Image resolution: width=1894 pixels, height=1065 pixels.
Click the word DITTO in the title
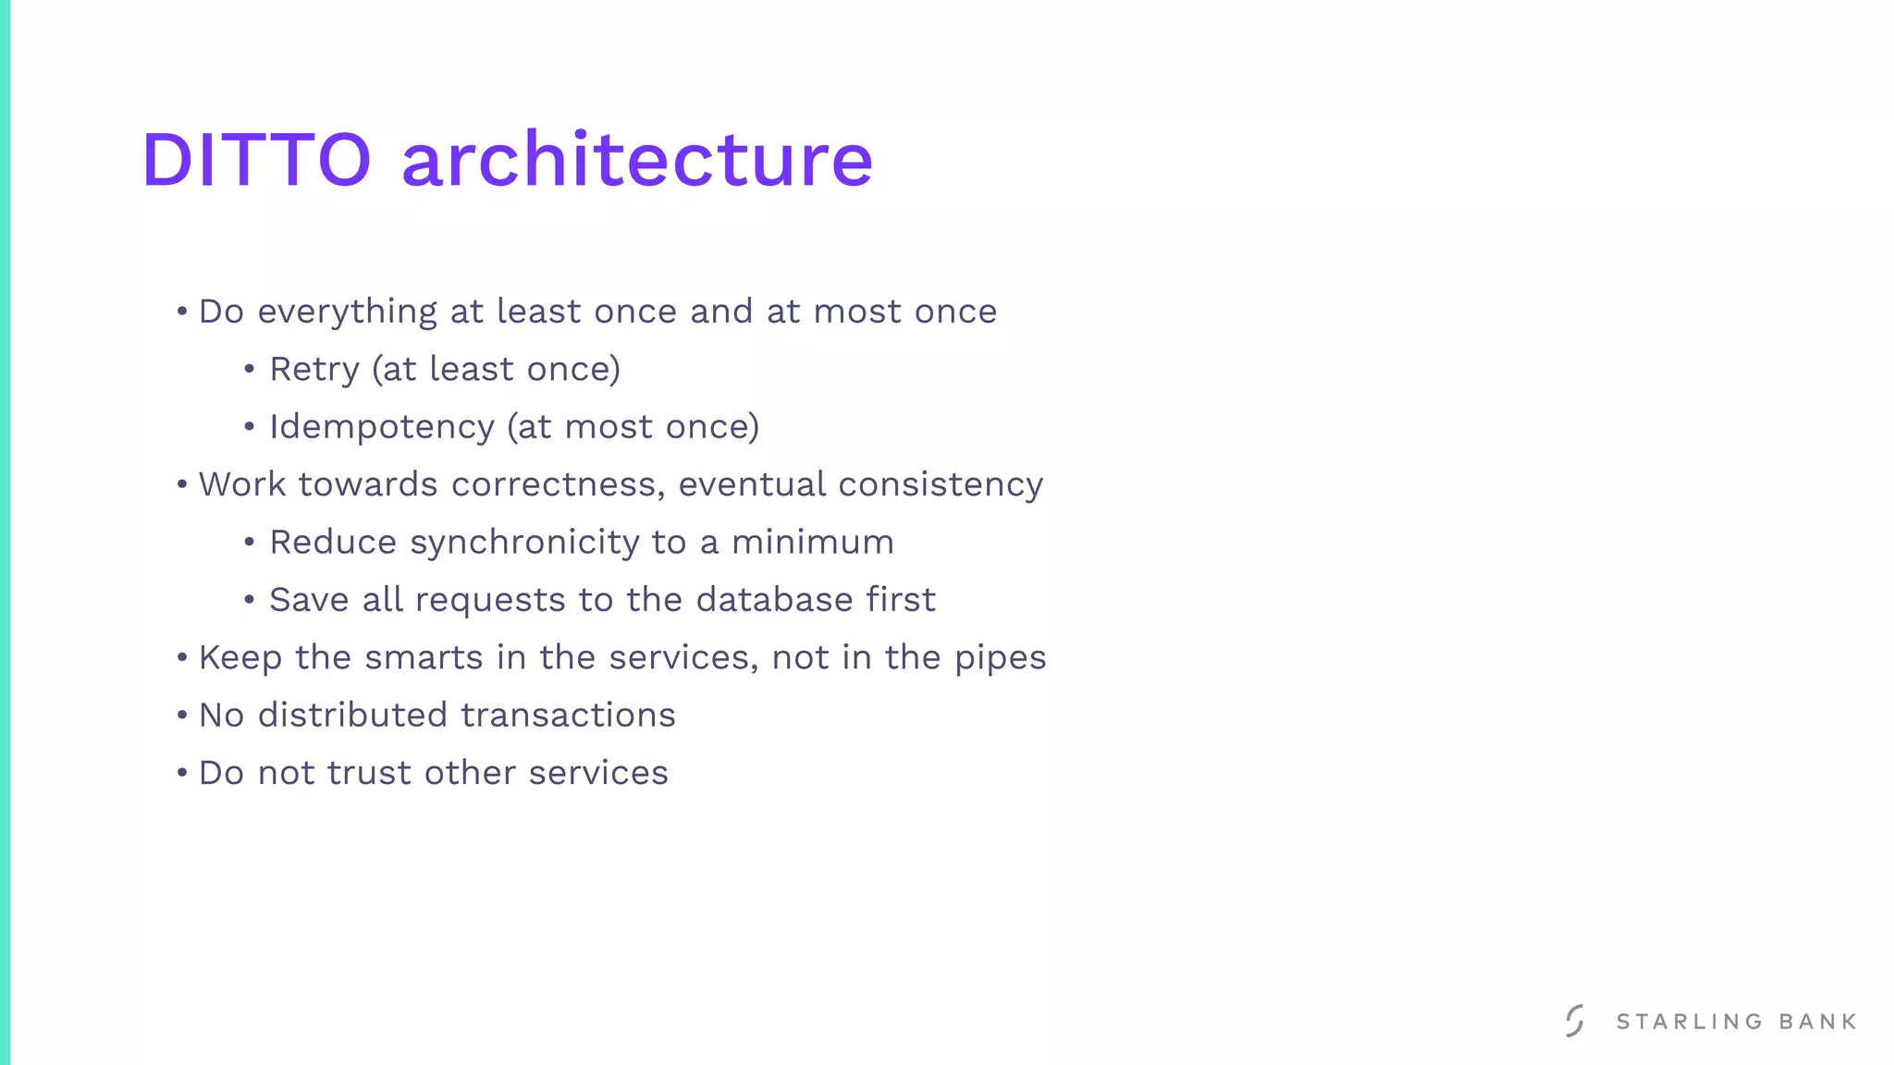(x=256, y=160)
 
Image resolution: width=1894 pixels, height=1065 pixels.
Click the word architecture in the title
(x=637, y=160)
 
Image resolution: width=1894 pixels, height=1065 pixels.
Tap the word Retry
(x=314, y=370)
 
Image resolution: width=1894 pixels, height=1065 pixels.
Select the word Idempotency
(x=382, y=428)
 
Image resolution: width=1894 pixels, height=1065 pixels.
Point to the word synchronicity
(x=524, y=543)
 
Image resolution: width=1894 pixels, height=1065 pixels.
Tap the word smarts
(x=424, y=657)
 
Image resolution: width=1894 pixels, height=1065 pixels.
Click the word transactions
(x=568, y=716)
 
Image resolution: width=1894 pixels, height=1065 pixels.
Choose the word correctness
(x=558, y=484)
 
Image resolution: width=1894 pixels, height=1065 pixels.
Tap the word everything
(x=347, y=312)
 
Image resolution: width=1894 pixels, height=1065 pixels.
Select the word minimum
(x=813, y=543)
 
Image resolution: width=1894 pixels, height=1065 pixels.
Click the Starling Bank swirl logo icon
(x=1575, y=1021)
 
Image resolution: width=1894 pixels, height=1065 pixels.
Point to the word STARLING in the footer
(x=1690, y=1022)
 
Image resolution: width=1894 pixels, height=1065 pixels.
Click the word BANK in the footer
(x=1818, y=1022)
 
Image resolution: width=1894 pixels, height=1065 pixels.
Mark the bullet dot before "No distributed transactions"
(x=182, y=716)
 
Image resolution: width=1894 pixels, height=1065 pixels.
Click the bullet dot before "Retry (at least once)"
(x=250, y=370)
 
